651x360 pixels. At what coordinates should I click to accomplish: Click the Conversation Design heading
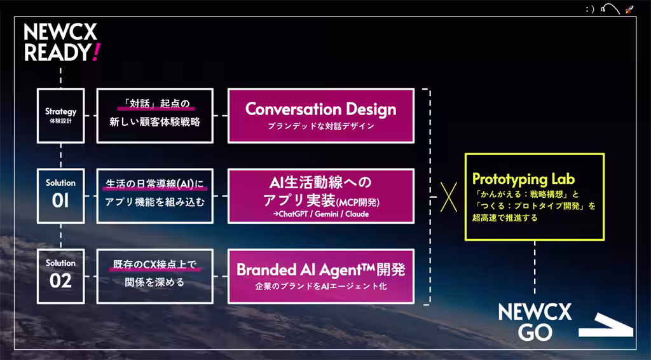tap(320, 109)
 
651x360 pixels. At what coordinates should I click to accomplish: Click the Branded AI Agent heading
tap(320, 270)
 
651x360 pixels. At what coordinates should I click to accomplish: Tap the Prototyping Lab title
tap(524, 179)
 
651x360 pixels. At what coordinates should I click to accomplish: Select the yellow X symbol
tap(448, 197)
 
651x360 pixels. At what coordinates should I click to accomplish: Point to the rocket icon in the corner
tap(629, 9)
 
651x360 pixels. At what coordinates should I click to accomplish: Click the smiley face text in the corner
tap(590, 9)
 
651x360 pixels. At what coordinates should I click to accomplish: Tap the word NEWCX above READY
tap(60, 32)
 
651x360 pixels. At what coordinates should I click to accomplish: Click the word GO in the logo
tap(535, 332)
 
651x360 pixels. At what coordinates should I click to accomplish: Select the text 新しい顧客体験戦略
tap(155, 122)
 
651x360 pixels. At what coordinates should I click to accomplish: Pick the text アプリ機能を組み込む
tap(155, 202)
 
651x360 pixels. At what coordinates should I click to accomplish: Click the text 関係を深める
tap(155, 282)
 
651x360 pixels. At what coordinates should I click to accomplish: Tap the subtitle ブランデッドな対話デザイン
tap(320, 126)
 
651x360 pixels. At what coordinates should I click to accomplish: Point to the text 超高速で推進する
tap(505, 218)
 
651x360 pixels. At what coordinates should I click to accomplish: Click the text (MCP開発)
tap(357, 202)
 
